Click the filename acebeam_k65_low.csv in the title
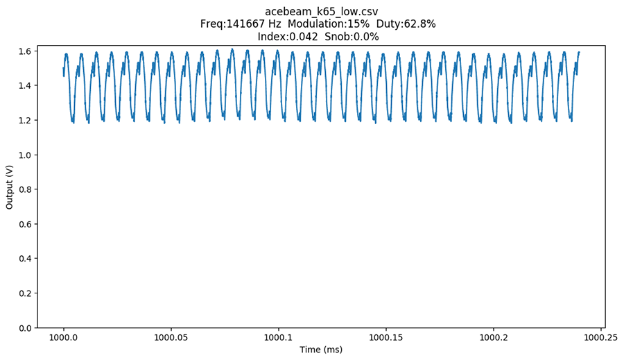click(x=321, y=12)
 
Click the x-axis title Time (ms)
click(x=321, y=350)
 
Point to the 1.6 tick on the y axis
click(x=25, y=51)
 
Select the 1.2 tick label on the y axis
click(x=25, y=121)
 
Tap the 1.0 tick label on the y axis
click(x=25, y=155)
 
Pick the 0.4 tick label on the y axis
click(x=25, y=259)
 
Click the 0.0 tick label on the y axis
click(x=25, y=328)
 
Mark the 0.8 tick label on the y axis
click(x=25, y=189)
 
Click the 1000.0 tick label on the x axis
click(x=64, y=337)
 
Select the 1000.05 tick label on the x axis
click(x=171, y=337)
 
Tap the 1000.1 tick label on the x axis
click(x=279, y=337)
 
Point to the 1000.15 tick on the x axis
click(x=386, y=337)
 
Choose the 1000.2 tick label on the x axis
click(x=494, y=337)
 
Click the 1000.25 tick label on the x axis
click(x=600, y=337)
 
